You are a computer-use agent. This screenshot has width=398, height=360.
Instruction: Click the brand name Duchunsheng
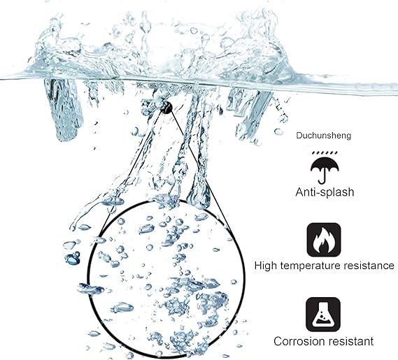tap(324, 136)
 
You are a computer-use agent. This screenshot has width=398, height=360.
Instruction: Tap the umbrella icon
tap(325, 168)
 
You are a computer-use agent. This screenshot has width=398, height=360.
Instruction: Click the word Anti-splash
tap(325, 192)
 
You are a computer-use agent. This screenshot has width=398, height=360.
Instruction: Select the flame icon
tap(324, 240)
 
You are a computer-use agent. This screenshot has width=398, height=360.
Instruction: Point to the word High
tap(266, 266)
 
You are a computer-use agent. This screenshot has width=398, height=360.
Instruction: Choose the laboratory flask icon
tap(323, 315)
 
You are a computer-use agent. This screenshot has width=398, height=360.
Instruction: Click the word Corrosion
tap(298, 341)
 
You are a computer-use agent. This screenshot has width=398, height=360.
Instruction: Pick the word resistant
tap(350, 341)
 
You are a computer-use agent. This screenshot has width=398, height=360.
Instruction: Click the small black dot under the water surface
tap(166, 108)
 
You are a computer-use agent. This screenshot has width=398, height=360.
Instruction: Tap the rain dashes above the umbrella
tap(325, 153)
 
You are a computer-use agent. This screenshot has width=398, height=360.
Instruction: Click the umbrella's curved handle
tap(322, 178)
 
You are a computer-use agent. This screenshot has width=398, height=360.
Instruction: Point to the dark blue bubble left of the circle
tap(73, 259)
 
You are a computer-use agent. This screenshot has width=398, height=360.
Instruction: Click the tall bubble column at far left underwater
tap(64, 110)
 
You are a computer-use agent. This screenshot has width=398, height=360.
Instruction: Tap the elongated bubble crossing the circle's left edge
tap(91, 289)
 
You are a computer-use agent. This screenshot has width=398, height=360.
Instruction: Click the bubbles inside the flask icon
tap(322, 317)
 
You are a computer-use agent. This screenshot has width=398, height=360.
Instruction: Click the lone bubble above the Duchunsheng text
tap(278, 132)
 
